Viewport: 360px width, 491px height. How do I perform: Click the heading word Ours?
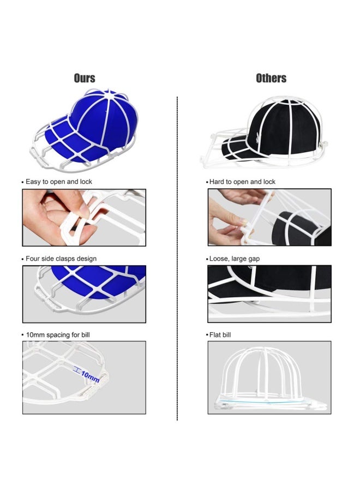(x=85, y=78)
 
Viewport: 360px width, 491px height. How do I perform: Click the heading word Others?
(x=271, y=78)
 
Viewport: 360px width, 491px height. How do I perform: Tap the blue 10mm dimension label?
(x=90, y=376)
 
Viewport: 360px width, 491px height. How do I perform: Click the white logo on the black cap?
(x=257, y=137)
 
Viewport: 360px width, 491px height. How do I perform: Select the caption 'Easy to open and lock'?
(x=59, y=182)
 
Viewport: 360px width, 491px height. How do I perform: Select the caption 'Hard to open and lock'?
(x=242, y=182)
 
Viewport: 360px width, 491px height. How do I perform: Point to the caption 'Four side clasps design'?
(x=61, y=259)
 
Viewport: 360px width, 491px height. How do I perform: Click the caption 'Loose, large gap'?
(x=235, y=259)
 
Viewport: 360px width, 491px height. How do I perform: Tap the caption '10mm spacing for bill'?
(x=58, y=335)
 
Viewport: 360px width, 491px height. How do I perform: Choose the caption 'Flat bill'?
(x=220, y=335)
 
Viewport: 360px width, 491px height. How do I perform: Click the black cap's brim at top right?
(x=238, y=151)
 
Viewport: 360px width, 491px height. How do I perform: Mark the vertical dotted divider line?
(x=177, y=259)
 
